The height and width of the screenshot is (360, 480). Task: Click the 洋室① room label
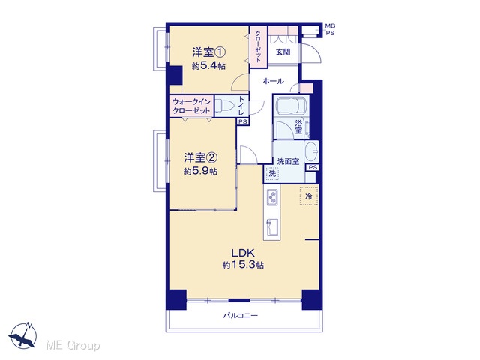tap(209, 52)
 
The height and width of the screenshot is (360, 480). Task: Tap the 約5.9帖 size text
tap(200, 171)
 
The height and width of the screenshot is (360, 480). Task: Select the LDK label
tap(243, 253)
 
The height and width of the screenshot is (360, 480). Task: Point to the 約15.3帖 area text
tap(243, 265)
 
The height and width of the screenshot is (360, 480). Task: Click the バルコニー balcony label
tap(240, 315)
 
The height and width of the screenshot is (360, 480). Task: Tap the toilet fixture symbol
tap(225, 106)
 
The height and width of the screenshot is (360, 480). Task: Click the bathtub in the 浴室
tap(291, 106)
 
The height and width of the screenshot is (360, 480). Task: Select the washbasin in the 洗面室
tap(312, 151)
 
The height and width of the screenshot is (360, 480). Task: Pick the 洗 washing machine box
tap(272, 174)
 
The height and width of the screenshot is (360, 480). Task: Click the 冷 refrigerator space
tap(309, 196)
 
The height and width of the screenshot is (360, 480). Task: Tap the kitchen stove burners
tap(272, 197)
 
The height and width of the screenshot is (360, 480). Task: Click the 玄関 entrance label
tap(283, 52)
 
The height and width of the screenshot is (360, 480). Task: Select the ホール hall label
tap(273, 81)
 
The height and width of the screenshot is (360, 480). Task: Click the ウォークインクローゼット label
tap(191, 106)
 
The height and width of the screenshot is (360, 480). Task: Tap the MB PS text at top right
tap(330, 30)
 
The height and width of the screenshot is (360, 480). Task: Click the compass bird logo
tap(23, 335)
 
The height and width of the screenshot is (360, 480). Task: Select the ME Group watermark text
tap(73, 345)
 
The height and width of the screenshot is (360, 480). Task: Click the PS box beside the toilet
tap(243, 121)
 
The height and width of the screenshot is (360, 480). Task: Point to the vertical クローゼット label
tap(259, 46)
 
